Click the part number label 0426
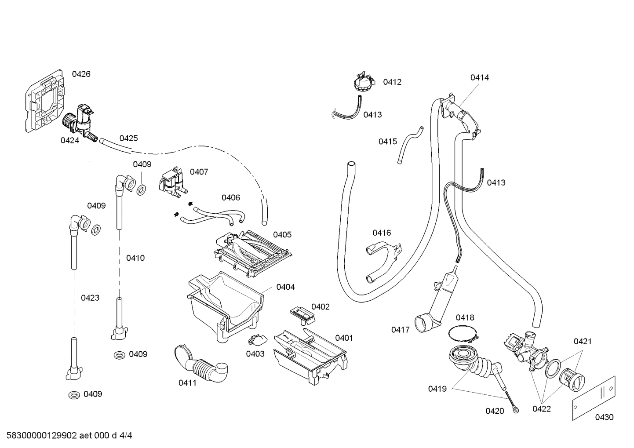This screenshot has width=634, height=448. coord(81,74)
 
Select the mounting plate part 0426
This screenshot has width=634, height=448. coord(46,101)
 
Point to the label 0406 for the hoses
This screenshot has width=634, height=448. coord(231,198)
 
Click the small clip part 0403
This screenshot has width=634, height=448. coord(257,339)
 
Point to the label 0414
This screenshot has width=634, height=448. coord(480,78)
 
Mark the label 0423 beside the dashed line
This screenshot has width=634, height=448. coord(90,298)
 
